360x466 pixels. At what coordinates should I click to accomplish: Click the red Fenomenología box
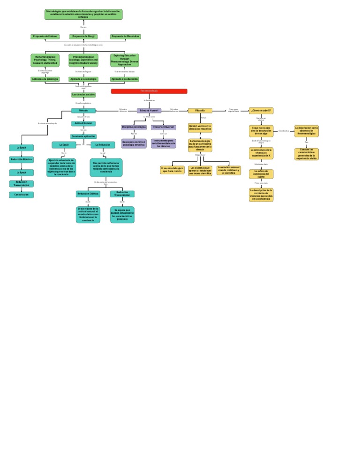point(149,91)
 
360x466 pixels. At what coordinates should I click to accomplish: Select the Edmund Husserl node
point(149,111)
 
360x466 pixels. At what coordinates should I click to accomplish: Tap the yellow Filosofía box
point(200,111)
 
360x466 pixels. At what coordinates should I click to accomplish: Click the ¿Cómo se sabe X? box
point(261,111)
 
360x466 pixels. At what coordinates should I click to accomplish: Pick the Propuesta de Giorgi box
point(83,37)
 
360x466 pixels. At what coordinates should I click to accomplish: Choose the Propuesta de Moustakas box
point(126,37)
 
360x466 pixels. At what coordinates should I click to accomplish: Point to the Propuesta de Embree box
point(45,37)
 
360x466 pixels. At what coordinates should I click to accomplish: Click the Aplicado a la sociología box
point(83,79)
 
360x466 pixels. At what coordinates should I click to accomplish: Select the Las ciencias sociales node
point(83,94)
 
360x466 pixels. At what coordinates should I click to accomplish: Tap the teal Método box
point(83,111)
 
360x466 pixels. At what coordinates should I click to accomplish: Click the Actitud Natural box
point(83,123)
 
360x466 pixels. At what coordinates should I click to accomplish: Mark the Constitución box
point(22,195)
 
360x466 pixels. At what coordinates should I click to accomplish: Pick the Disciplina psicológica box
point(134,127)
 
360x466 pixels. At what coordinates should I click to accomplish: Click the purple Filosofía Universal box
point(164,127)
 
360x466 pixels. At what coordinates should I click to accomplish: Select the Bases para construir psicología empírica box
point(134,143)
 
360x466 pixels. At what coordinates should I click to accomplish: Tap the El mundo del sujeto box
point(172,170)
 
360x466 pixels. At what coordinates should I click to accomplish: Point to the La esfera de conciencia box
point(261,174)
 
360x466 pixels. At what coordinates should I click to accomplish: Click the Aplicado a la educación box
point(125,79)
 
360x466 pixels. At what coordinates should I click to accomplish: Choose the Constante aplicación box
point(83,136)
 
